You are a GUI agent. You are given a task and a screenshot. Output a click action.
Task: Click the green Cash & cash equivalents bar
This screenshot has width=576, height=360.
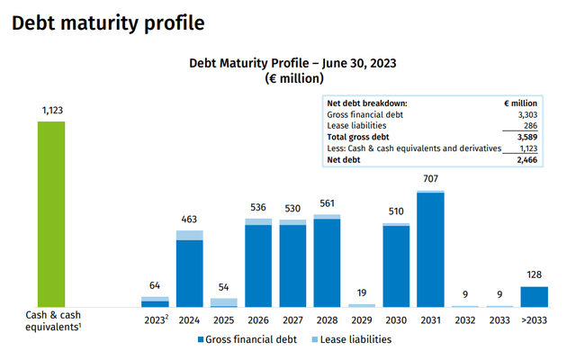tap(50, 214)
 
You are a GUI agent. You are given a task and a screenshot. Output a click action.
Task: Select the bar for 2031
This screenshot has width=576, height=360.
tap(431, 250)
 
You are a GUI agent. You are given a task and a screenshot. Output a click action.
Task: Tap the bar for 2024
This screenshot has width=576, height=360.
tap(189, 270)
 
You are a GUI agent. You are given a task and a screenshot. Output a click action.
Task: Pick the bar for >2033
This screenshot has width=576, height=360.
tap(535, 297)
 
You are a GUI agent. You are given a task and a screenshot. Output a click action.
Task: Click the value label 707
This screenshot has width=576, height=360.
tap(431, 179)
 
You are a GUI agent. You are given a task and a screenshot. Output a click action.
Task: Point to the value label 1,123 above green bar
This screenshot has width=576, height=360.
tap(50, 111)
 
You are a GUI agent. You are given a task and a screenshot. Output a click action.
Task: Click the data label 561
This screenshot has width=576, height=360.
tap(327, 202)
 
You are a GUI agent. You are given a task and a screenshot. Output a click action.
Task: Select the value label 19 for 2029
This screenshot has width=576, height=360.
tap(361, 293)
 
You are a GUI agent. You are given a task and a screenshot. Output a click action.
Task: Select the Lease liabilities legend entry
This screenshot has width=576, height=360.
tap(348, 339)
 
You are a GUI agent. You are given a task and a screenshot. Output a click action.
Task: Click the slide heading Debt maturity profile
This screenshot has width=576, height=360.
tap(107, 21)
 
